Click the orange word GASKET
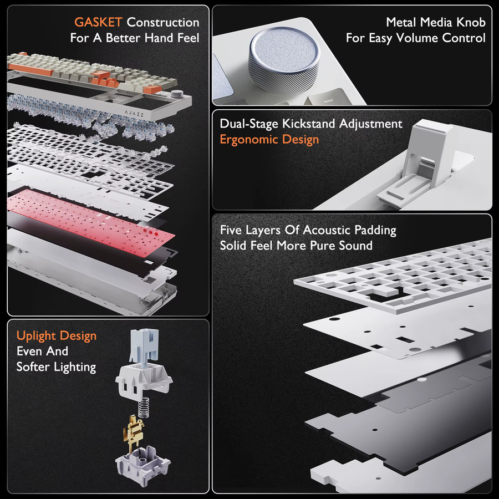(x=98, y=22)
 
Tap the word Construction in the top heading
(x=163, y=22)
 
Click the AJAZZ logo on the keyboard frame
(x=134, y=113)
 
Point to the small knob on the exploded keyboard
(x=175, y=94)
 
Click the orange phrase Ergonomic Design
(x=269, y=139)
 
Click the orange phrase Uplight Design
(x=57, y=336)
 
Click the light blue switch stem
(x=144, y=345)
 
